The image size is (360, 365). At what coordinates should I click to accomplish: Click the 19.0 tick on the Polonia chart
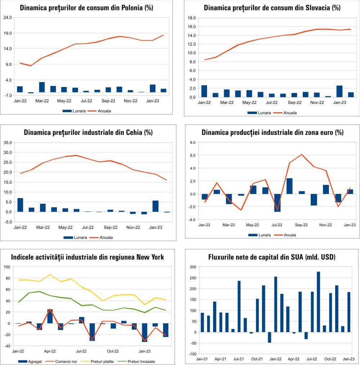[8, 33]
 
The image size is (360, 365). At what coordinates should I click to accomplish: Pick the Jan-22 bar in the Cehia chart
[20, 205]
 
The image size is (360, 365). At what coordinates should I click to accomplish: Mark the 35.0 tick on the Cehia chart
[8, 142]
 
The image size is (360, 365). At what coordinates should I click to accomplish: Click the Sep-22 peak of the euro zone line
[302, 155]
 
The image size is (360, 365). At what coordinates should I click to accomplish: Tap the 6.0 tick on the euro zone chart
[192, 155]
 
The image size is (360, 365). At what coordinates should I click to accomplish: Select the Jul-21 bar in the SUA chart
[239, 306]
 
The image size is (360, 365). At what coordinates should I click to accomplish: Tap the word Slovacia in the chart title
[309, 8]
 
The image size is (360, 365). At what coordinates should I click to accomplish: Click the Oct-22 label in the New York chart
[113, 351]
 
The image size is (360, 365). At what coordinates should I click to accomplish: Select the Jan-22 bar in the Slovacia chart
[204, 91]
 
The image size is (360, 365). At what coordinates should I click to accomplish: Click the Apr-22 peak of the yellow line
[50, 274]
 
